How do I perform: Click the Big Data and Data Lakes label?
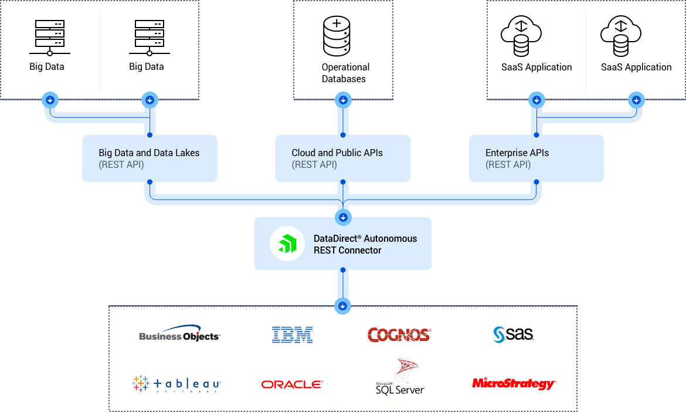click(149, 153)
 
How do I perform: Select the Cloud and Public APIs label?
click(337, 153)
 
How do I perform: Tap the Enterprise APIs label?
click(517, 153)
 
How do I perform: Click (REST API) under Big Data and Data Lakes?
click(121, 165)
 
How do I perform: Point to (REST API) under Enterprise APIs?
click(508, 165)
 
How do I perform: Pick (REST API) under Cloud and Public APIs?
click(314, 165)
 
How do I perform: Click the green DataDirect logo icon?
click(287, 244)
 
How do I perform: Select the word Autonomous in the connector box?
click(390, 238)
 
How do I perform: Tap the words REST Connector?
click(347, 251)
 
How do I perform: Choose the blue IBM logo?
click(292, 335)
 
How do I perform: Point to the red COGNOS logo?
click(399, 335)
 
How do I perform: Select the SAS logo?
click(512, 335)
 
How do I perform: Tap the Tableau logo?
click(176, 384)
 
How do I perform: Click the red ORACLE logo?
click(292, 384)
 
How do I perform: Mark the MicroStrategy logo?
click(514, 384)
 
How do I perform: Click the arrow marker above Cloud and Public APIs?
click(343, 100)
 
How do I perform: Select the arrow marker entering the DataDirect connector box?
click(343, 218)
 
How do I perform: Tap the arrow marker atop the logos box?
click(343, 306)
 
